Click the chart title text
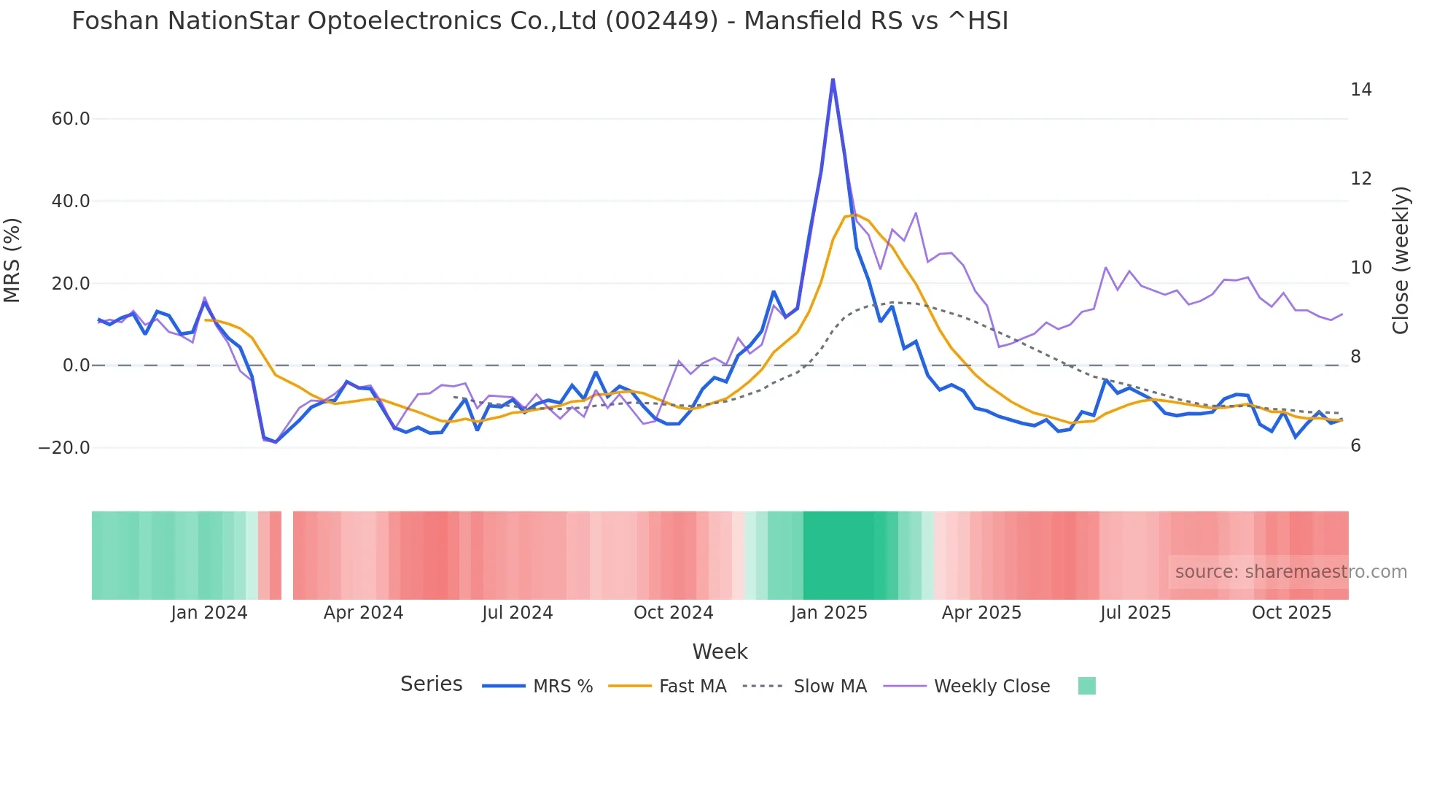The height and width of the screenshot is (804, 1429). pos(540,21)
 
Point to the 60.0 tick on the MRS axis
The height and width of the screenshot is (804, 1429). pos(71,119)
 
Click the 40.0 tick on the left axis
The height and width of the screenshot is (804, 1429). pos(71,201)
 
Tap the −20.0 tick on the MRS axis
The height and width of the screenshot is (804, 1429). pos(64,448)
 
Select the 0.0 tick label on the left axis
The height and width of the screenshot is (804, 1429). pos(77,366)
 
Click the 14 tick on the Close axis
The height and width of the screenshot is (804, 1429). pos(1360,90)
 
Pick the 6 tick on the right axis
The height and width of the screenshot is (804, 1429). pos(1355,446)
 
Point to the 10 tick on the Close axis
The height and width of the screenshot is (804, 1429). pos(1360,268)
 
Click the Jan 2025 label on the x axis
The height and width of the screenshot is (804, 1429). pos(829,613)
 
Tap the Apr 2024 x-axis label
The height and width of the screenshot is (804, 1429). pos(363,613)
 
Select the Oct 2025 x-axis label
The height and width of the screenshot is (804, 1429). pos(1291,613)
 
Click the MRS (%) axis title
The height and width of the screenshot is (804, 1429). pos(12,260)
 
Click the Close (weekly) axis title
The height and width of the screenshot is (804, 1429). pos(1400,260)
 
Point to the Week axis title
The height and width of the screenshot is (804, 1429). pos(720,652)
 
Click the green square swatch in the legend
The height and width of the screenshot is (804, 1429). pos(1086,686)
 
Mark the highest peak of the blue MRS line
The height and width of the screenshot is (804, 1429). pos(833,80)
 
